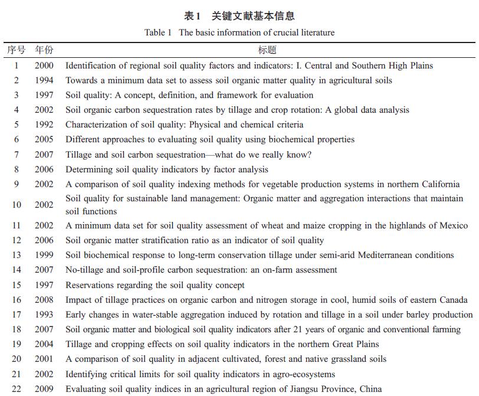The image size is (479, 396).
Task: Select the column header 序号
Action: coord(16,50)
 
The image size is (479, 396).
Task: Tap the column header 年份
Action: coord(44,50)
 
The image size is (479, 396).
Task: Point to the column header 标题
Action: coord(267,50)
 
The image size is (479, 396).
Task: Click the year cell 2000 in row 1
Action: coord(44,66)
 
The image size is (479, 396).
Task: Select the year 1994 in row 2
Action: coord(44,80)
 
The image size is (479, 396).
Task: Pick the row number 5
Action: coord(17,125)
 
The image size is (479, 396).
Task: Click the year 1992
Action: coord(44,125)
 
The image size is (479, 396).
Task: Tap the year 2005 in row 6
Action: coord(44,139)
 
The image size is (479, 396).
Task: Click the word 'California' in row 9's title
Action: coord(438,184)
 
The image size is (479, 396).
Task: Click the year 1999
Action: coord(44,255)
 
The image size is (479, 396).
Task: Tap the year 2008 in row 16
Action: coord(44,300)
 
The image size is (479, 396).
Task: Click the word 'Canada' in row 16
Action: coord(454,300)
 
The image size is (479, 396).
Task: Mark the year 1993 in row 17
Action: coord(44,315)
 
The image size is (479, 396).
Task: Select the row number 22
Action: coord(17,389)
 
